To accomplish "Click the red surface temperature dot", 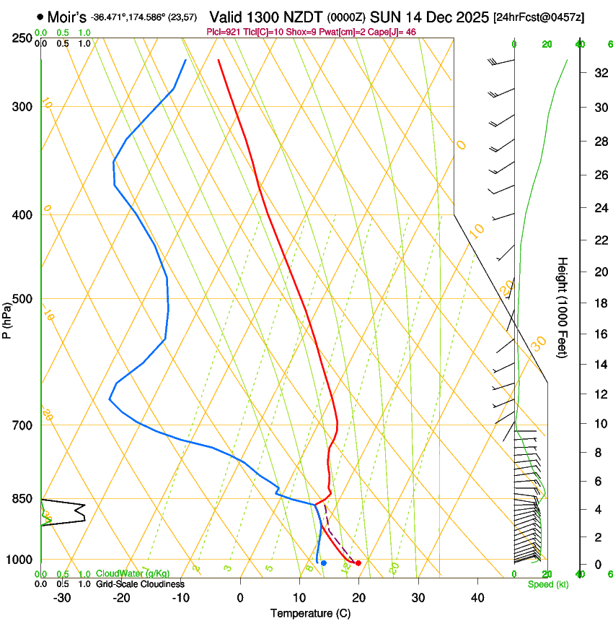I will point(358,563).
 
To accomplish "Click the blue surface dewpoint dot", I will point(324,563).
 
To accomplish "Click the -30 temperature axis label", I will point(62,598).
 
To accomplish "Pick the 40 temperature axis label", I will point(477,598).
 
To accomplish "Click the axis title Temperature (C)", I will point(310,613).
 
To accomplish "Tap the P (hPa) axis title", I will point(7,318).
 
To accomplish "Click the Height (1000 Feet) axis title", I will point(563,307).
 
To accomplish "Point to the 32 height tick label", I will point(599,73).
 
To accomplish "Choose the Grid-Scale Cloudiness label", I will point(140,584).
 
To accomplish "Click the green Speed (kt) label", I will point(547,584).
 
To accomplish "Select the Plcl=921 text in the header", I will point(222,32).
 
